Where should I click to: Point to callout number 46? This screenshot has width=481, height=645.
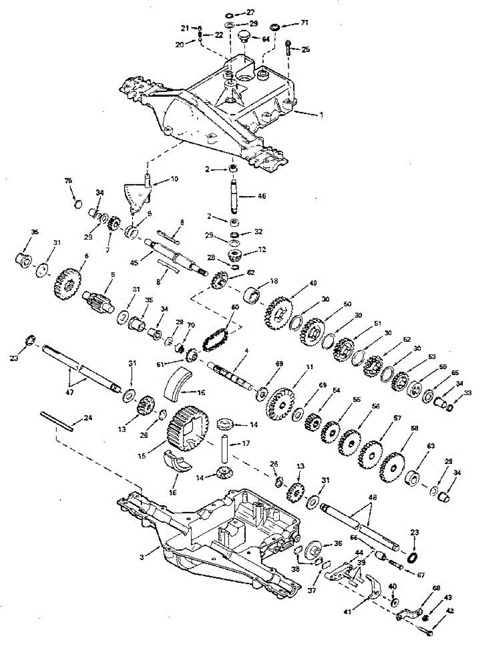click(x=261, y=197)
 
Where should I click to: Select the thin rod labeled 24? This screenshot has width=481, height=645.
click(x=56, y=421)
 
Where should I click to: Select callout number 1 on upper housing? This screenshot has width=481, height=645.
click(x=321, y=114)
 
